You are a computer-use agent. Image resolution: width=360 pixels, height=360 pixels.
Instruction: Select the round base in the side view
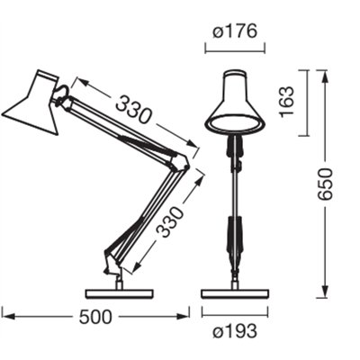pos(119,292)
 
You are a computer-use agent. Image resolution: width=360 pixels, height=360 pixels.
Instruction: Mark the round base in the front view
pos(235,292)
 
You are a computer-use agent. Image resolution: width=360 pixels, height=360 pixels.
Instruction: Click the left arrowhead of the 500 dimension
pos(5,314)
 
